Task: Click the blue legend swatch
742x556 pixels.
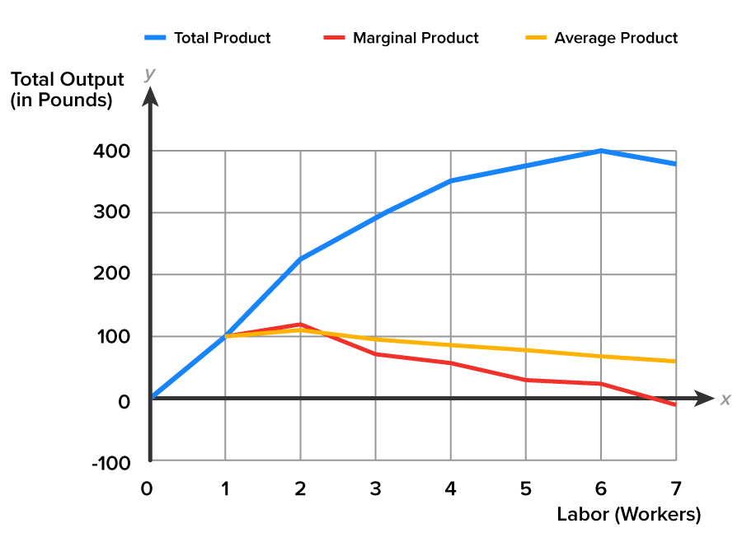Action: pyautogui.click(x=155, y=37)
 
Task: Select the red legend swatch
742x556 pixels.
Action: pyautogui.click(x=334, y=37)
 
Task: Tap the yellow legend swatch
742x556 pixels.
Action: pyautogui.click(x=536, y=37)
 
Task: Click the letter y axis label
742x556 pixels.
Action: pyautogui.click(x=149, y=74)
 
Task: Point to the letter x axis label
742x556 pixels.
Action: pyautogui.click(x=726, y=399)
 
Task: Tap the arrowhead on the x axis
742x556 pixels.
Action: pyautogui.click(x=705, y=398)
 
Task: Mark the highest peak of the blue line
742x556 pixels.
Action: pyautogui.click(x=601, y=151)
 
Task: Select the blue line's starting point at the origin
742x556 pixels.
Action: pyautogui.click(x=151, y=398)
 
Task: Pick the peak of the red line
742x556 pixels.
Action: pyautogui.click(x=300, y=324)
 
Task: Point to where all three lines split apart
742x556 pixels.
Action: pyautogui.click(x=225, y=336)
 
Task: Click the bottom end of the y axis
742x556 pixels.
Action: pyautogui.click(x=150, y=460)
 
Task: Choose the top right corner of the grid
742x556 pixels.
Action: pyautogui.click(x=676, y=151)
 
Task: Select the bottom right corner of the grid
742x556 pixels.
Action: pyautogui.click(x=676, y=460)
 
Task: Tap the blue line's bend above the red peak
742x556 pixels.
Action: pyautogui.click(x=300, y=259)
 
